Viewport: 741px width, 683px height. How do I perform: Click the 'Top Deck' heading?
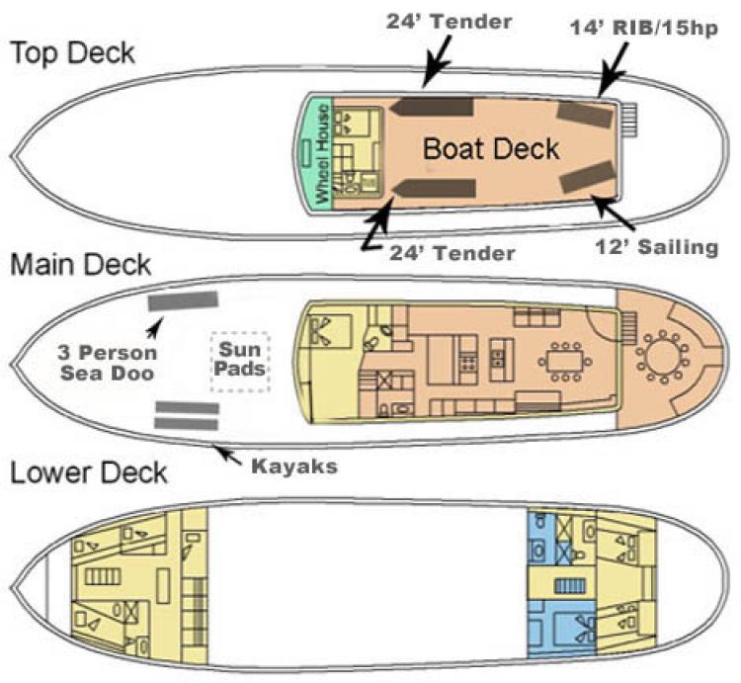point(73,53)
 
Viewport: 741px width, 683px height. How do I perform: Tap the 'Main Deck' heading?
point(80,264)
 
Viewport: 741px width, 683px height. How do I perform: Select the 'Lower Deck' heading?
point(89,472)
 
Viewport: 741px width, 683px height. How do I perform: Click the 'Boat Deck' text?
point(491,149)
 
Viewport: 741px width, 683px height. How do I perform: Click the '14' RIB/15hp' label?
point(644,28)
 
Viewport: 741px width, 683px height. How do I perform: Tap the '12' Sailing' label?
point(657,247)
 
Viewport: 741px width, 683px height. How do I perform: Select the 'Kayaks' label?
point(294,467)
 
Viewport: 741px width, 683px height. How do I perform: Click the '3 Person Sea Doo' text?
point(108,363)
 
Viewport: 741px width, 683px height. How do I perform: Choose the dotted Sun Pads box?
point(240,362)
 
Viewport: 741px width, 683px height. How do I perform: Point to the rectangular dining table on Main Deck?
point(565,362)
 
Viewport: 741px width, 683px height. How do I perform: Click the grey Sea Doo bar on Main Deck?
point(183,300)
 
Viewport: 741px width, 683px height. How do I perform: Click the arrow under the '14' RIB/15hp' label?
point(613,69)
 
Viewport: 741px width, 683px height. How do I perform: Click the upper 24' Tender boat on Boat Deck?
point(432,107)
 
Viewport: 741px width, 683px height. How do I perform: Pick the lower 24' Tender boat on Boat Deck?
point(434,189)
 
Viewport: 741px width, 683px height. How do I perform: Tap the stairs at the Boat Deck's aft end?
point(628,121)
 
